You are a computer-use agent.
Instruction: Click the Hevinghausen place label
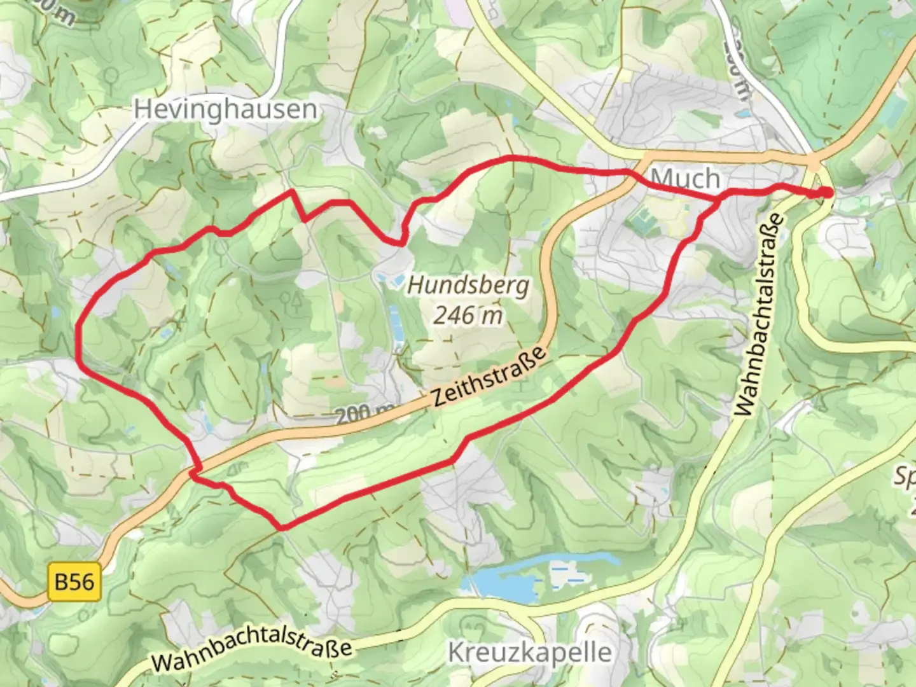pyautogui.click(x=225, y=109)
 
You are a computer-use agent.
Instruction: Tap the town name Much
pyautogui.click(x=686, y=178)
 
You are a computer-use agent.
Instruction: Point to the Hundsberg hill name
pyautogui.click(x=468, y=285)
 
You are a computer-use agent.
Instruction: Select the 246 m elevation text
pyautogui.click(x=468, y=314)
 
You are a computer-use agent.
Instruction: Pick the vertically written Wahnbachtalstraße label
pyautogui.click(x=758, y=314)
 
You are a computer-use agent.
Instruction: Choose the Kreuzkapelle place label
pyautogui.click(x=530, y=653)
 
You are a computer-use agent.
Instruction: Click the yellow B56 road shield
pyautogui.click(x=74, y=582)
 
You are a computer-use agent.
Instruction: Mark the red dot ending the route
pyautogui.click(x=824, y=193)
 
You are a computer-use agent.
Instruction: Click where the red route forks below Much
pyautogui.click(x=719, y=199)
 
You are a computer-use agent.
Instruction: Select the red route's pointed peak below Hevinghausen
pyautogui.click(x=292, y=191)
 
